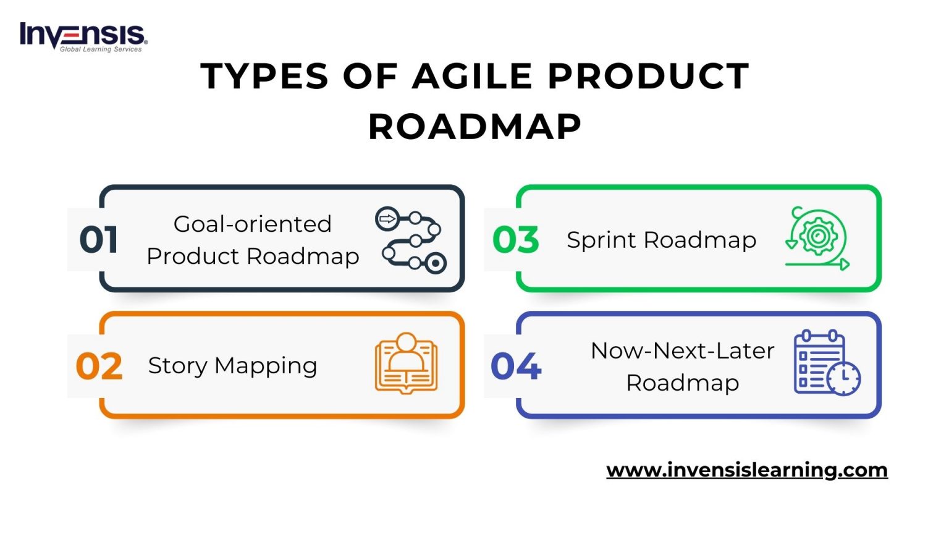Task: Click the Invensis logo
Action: (x=83, y=37)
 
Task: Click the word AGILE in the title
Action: (x=472, y=77)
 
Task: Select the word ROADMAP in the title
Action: (x=474, y=127)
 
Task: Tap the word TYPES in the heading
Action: (x=264, y=77)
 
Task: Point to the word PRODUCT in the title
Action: (x=648, y=77)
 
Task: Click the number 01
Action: (x=98, y=240)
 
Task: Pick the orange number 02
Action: (x=99, y=367)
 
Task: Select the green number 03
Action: (x=516, y=240)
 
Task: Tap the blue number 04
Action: (x=516, y=367)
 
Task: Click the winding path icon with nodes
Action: (x=410, y=240)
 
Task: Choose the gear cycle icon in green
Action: (x=817, y=239)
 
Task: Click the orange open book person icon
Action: (x=406, y=364)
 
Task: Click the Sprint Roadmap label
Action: (x=661, y=240)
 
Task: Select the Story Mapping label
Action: (x=232, y=366)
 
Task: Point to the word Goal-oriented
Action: (x=252, y=224)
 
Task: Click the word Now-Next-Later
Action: (x=682, y=350)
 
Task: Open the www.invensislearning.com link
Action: (x=746, y=470)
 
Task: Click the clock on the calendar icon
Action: (x=843, y=378)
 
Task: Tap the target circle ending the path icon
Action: (x=436, y=263)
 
